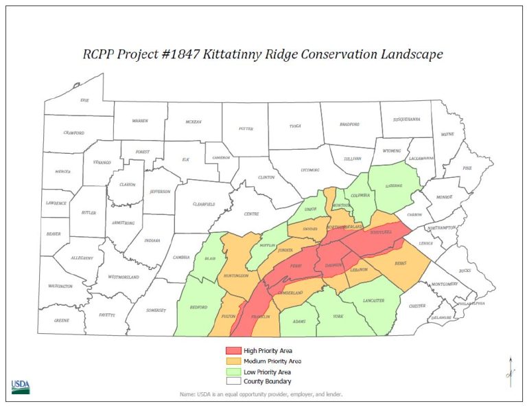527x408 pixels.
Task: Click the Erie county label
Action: pos(84,100)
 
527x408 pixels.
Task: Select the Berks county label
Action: pos(402,262)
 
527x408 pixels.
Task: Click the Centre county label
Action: pos(252,214)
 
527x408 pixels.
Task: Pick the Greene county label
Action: pos(61,319)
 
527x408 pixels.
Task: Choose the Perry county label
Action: pos(296,264)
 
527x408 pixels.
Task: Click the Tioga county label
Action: pos(295,126)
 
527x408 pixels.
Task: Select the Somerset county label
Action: pos(156,310)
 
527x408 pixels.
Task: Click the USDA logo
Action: pos(20,386)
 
